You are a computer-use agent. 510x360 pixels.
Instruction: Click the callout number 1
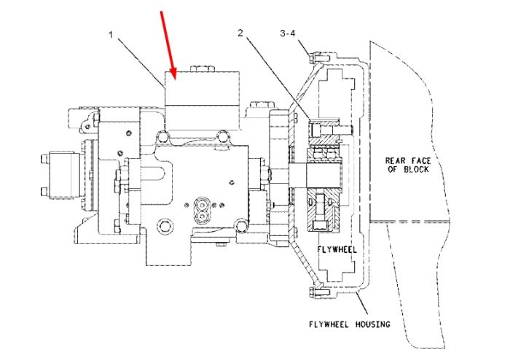click(x=111, y=34)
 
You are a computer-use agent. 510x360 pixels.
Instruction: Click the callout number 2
click(x=240, y=33)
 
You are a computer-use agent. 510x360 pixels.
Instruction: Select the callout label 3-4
click(x=288, y=33)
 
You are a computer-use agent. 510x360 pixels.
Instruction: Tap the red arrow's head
click(x=173, y=74)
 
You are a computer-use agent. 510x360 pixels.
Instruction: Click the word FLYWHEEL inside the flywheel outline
click(x=337, y=249)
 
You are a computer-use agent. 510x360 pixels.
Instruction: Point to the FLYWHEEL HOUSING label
click(x=349, y=324)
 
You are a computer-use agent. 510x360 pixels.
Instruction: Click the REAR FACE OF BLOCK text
click(x=408, y=165)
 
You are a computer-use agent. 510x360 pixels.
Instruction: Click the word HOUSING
click(x=373, y=324)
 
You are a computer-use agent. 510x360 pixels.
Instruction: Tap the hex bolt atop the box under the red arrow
click(x=202, y=69)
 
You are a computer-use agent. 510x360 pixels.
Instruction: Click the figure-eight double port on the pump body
click(x=203, y=211)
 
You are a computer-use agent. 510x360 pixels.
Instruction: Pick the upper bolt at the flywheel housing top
click(x=319, y=58)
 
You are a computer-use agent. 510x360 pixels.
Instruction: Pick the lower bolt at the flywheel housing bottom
click(x=320, y=291)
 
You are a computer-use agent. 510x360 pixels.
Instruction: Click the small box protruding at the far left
click(x=60, y=174)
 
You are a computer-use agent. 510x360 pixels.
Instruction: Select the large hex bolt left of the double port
click(x=165, y=226)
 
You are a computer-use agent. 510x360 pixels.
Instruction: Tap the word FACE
click(x=421, y=160)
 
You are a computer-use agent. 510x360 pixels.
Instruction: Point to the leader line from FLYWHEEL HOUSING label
click(x=363, y=302)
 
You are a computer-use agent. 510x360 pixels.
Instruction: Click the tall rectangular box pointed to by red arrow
click(x=203, y=101)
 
